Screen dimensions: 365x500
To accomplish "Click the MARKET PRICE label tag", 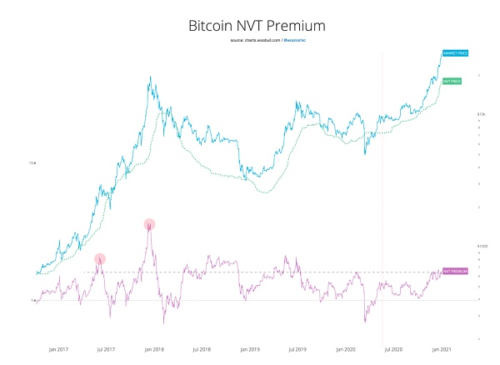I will pos(455,52).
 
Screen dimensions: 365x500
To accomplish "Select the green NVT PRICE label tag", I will pos(452,80).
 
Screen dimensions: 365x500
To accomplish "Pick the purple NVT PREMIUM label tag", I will pos(456,272).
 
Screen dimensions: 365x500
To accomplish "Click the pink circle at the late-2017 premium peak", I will pos(150,223).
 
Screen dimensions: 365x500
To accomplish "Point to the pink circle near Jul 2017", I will pos(100,259).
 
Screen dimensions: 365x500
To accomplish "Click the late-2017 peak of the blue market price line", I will pos(150,77).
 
